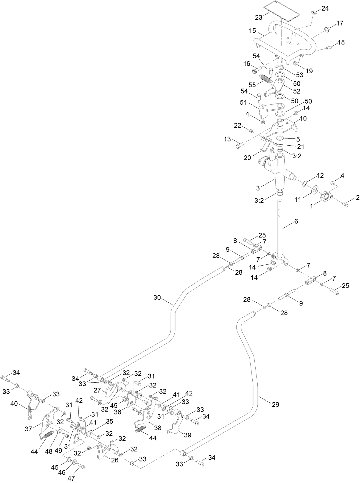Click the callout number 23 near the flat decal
pyautogui.click(x=259, y=17)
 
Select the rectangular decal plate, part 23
pyautogui.click(x=281, y=10)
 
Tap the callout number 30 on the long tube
pyautogui.click(x=157, y=297)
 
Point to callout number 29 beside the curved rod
pyautogui.click(x=275, y=404)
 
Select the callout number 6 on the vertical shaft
pyautogui.click(x=296, y=221)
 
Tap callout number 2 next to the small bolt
pyautogui.click(x=357, y=198)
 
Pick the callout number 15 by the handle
pyautogui.click(x=252, y=31)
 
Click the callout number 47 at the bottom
pyautogui.click(x=71, y=478)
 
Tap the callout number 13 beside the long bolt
pyautogui.click(x=227, y=139)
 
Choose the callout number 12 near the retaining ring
pyautogui.click(x=320, y=175)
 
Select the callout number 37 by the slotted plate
pyautogui.click(x=29, y=429)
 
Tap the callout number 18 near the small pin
pyautogui.click(x=341, y=42)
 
